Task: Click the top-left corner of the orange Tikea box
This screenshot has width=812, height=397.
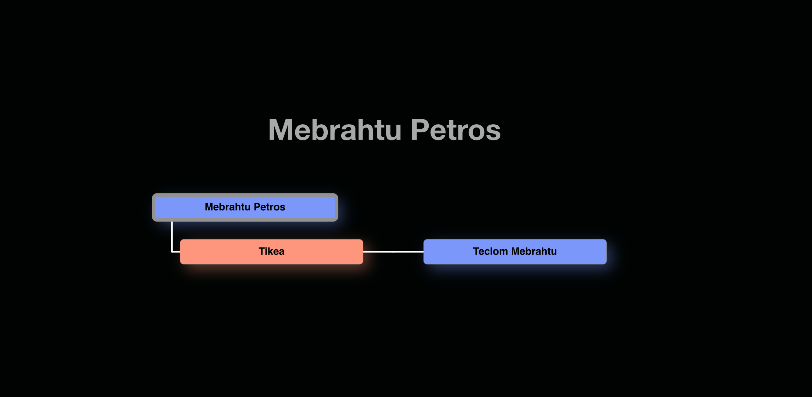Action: [x=180, y=239]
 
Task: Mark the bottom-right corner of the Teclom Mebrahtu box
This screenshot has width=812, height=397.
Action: [x=606, y=264]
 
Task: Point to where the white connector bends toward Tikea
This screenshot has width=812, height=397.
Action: [x=172, y=252]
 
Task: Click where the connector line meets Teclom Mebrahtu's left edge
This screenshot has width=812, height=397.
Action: [x=424, y=252]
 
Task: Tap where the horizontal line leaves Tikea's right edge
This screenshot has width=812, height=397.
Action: [x=363, y=252]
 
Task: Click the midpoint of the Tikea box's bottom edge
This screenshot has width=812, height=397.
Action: [x=272, y=264]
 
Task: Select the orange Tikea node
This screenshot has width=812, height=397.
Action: [x=272, y=252]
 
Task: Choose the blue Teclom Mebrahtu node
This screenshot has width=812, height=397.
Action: [x=515, y=252]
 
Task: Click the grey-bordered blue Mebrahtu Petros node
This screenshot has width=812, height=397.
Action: [x=245, y=207]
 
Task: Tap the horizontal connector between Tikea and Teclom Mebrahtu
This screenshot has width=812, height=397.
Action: [x=393, y=252]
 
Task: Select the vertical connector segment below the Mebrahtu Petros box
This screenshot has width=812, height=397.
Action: [x=172, y=237]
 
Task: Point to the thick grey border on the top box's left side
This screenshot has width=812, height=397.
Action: [x=154, y=207]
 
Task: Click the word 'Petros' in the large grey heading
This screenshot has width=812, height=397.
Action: [x=456, y=130]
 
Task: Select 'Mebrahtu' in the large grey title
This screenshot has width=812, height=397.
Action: [x=335, y=130]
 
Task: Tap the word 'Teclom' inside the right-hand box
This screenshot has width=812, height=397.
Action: [x=490, y=252]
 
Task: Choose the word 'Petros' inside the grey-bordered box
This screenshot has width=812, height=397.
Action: [x=270, y=207]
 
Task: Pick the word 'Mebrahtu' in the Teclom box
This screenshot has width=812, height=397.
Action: [x=534, y=252]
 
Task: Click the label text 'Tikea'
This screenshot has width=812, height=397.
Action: [x=271, y=252]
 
